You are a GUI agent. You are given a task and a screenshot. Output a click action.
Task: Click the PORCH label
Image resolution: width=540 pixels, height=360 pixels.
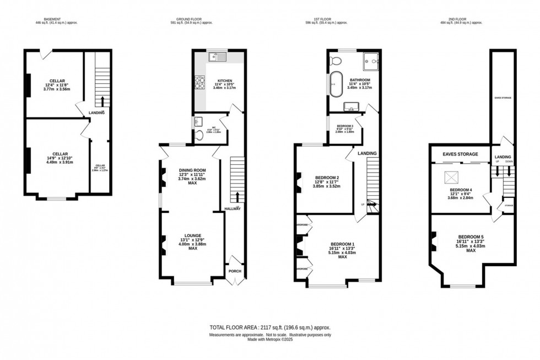pyautogui.click(x=235, y=271)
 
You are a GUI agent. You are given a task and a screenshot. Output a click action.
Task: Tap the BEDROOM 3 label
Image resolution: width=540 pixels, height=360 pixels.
pyautogui.click(x=345, y=126)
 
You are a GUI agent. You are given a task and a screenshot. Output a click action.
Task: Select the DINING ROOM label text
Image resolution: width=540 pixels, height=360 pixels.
pyautogui.click(x=192, y=170)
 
